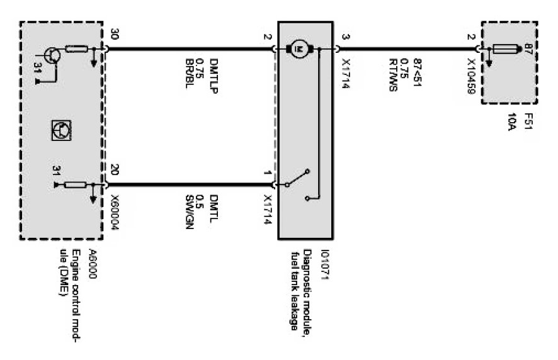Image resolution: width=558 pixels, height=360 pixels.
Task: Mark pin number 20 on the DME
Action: (x=114, y=169)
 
